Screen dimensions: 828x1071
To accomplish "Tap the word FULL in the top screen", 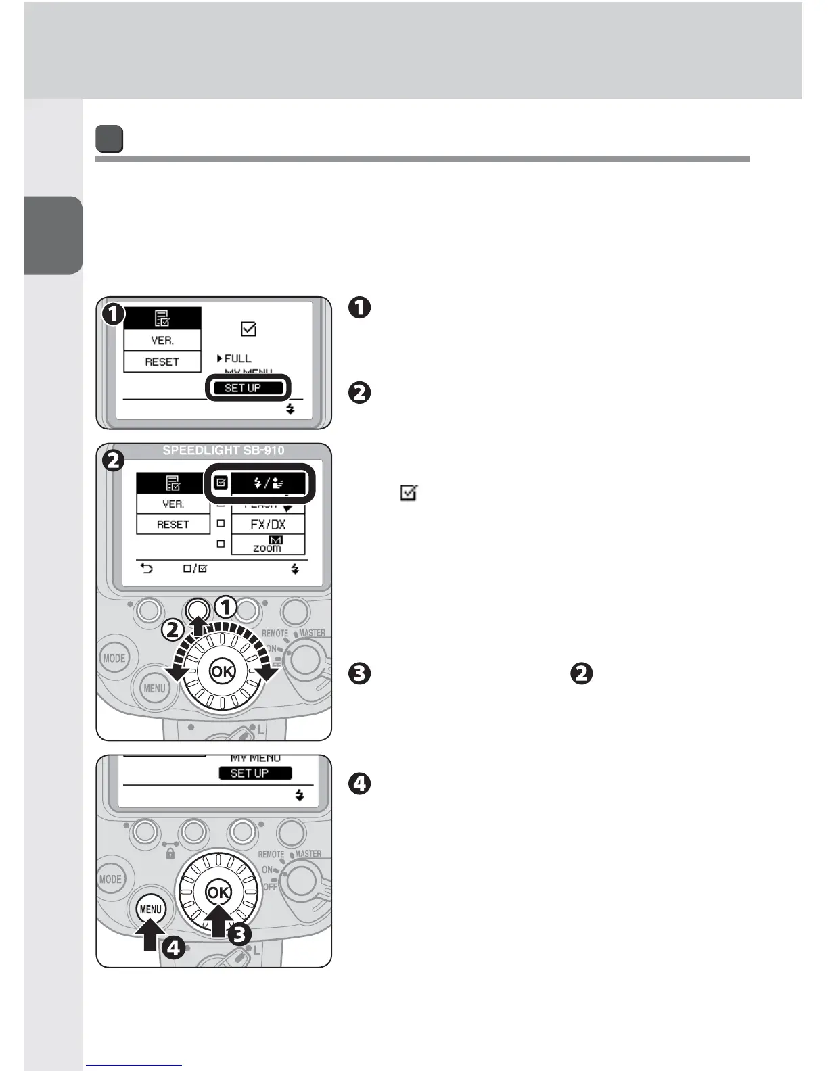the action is [237, 358].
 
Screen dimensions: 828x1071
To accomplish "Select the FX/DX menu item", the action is [268, 524].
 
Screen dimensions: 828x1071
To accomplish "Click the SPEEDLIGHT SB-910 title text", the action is [223, 450].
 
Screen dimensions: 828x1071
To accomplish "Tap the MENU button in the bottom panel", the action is [150, 909].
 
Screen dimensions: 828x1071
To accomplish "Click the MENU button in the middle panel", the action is [154, 688].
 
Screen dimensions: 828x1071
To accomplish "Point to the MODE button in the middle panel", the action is [114, 658].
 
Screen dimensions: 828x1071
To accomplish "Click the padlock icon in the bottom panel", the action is [170, 854].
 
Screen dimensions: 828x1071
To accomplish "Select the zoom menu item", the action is [268, 545].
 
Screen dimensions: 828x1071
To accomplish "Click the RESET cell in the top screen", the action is [162, 362].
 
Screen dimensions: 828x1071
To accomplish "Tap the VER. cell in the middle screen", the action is [173, 504].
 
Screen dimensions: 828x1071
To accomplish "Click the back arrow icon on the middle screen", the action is [146, 569].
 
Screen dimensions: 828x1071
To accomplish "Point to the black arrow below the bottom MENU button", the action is [150, 937].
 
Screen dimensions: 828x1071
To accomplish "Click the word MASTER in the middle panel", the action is [312, 633].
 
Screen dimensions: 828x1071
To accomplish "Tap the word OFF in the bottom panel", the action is [270, 887].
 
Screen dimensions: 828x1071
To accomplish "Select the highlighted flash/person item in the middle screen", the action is [268, 483].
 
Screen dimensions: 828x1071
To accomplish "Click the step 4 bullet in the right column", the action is [359, 784].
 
